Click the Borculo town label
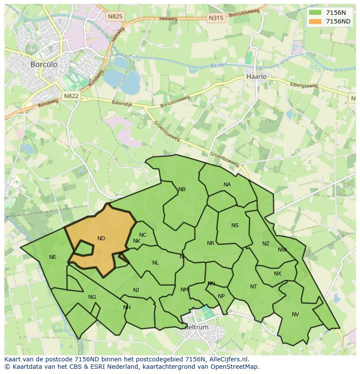(43, 64)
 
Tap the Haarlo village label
(256, 76)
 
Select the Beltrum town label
(197, 327)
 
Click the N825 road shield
(115, 17)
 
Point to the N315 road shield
(216, 18)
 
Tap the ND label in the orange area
(101, 238)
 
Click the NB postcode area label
(182, 189)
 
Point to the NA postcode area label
(227, 185)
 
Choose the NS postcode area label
(235, 225)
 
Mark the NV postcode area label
(295, 314)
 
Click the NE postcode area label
(53, 257)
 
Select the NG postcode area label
(92, 297)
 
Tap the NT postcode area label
(253, 287)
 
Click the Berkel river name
(219, 65)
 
